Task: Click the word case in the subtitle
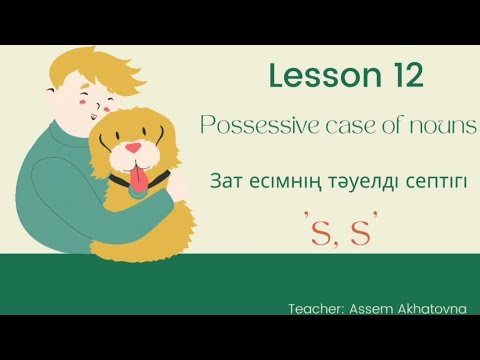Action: coord(351,126)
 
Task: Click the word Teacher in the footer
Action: coord(313,309)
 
